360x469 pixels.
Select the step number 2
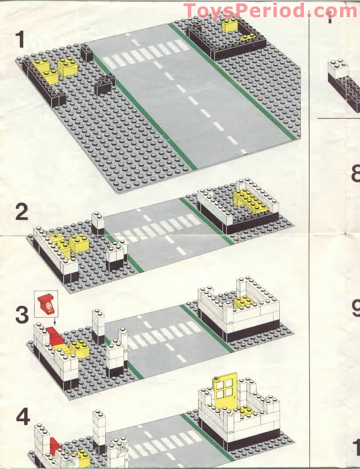click(21, 212)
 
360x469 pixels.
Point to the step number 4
click(23, 417)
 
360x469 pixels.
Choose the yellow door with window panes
click(224, 388)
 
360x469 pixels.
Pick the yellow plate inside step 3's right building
click(244, 301)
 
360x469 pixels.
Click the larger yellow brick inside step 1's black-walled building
click(229, 25)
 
